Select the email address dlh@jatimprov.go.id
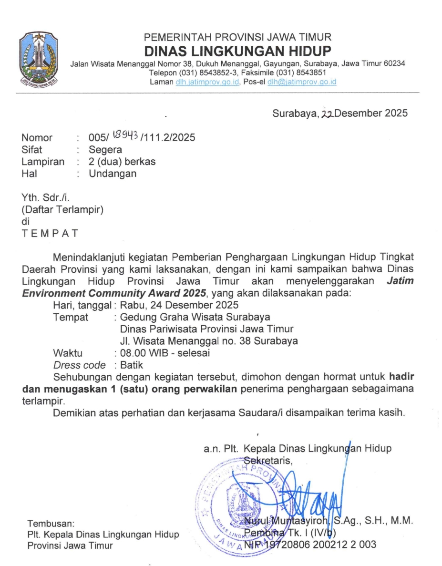pyautogui.click(x=302, y=82)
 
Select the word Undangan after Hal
pyautogui.click(x=113, y=174)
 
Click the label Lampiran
pyautogui.click(x=43, y=162)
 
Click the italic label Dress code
pyautogui.click(x=80, y=365)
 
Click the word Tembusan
pyautogui.click(x=51, y=523)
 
